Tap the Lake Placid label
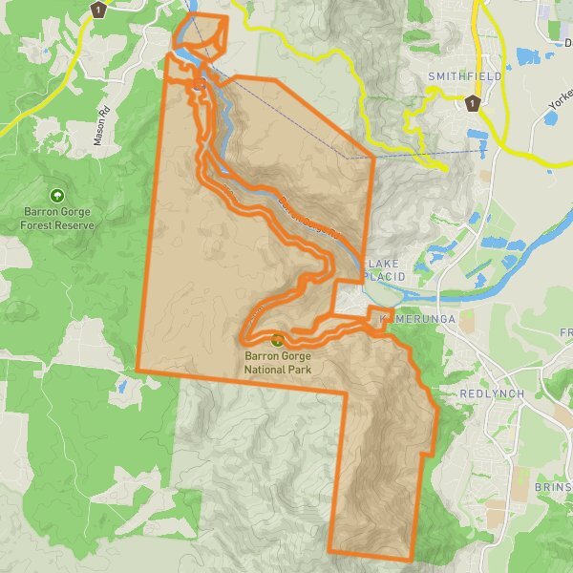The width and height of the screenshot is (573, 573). click(x=387, y=269)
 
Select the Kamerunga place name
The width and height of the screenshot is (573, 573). click(x=414, y=317)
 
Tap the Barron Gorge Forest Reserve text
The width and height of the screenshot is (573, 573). click(x=58, y=219)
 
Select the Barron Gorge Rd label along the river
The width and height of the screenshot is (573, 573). click(x=309, y=218)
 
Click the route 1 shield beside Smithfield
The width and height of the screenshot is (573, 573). click(x=471, y=102)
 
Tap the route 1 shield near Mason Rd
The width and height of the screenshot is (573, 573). click(x=97, y=10)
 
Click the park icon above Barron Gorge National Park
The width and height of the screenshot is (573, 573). click(x=277, y=339)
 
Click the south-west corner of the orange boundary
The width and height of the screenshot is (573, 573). click(x=138, y=370)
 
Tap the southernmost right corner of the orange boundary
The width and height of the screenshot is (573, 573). click(x=412, y=559)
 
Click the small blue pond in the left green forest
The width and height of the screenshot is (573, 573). click(x=121, y=386)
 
